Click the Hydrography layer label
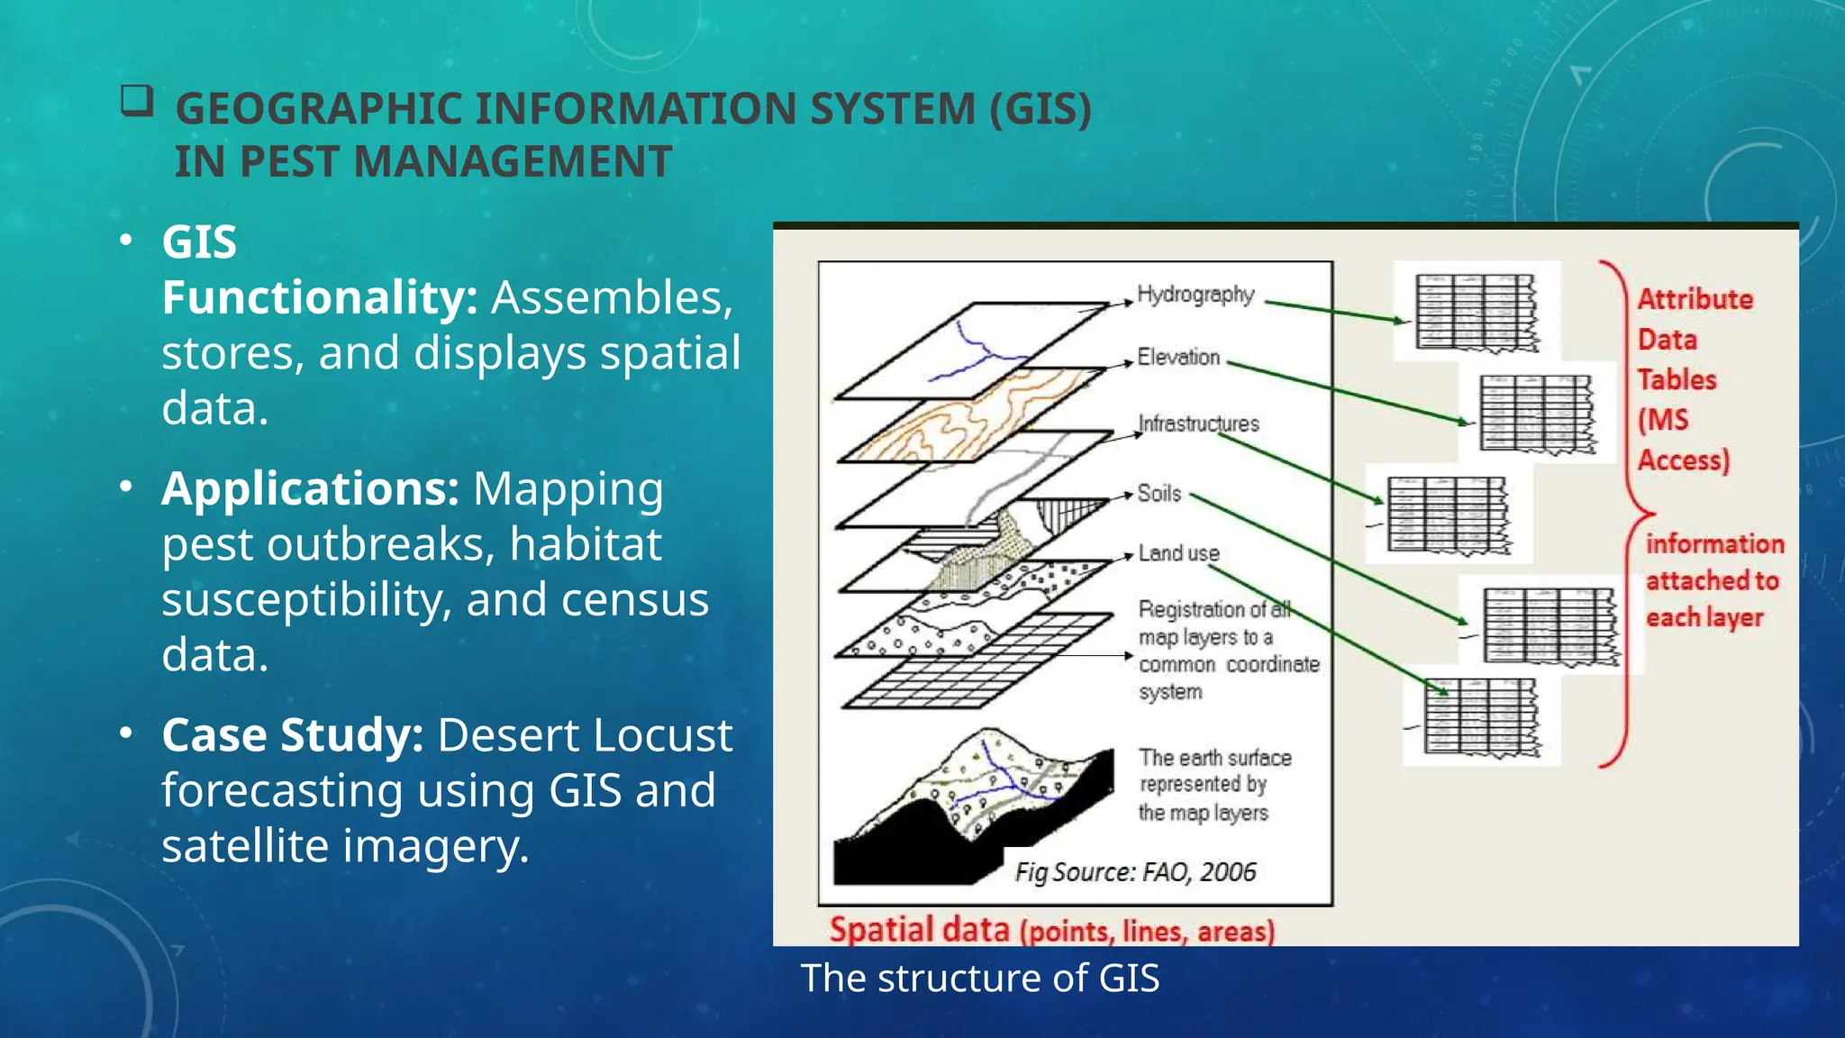(x=1195, y=295)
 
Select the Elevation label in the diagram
(x=1178, y=357)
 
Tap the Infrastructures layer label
(x=1198, y=423)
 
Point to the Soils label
(x=1159, y=493)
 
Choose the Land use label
(x=1178, y=552)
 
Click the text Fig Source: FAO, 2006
(x=1135, y=871)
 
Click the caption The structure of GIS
(x=980, y=978)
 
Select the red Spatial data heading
(x=919, y=929)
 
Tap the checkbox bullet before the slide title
(x=137, y=102)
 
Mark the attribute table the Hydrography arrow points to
(x=1476, y=312)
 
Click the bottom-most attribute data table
(x=1481, y=718)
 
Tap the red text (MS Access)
(x=1683, y=440)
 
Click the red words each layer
(x=1704, y=618)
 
